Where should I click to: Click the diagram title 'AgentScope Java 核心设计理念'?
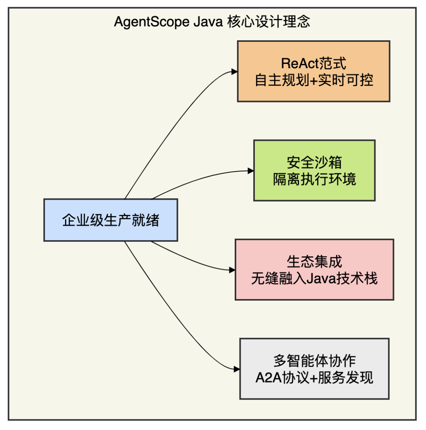coord(212,21)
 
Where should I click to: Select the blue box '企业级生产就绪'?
coord(110,220)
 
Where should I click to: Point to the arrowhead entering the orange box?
coord(235,72)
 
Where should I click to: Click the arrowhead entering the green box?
coord(250,171)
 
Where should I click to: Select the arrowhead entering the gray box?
coord(237,369)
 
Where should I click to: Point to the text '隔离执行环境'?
coord(314,179)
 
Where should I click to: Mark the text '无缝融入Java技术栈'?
coord(314,279)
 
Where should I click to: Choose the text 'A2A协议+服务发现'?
coord(314,378)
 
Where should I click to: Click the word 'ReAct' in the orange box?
coord(296,63)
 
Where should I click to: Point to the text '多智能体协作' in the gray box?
coord(314,361)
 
